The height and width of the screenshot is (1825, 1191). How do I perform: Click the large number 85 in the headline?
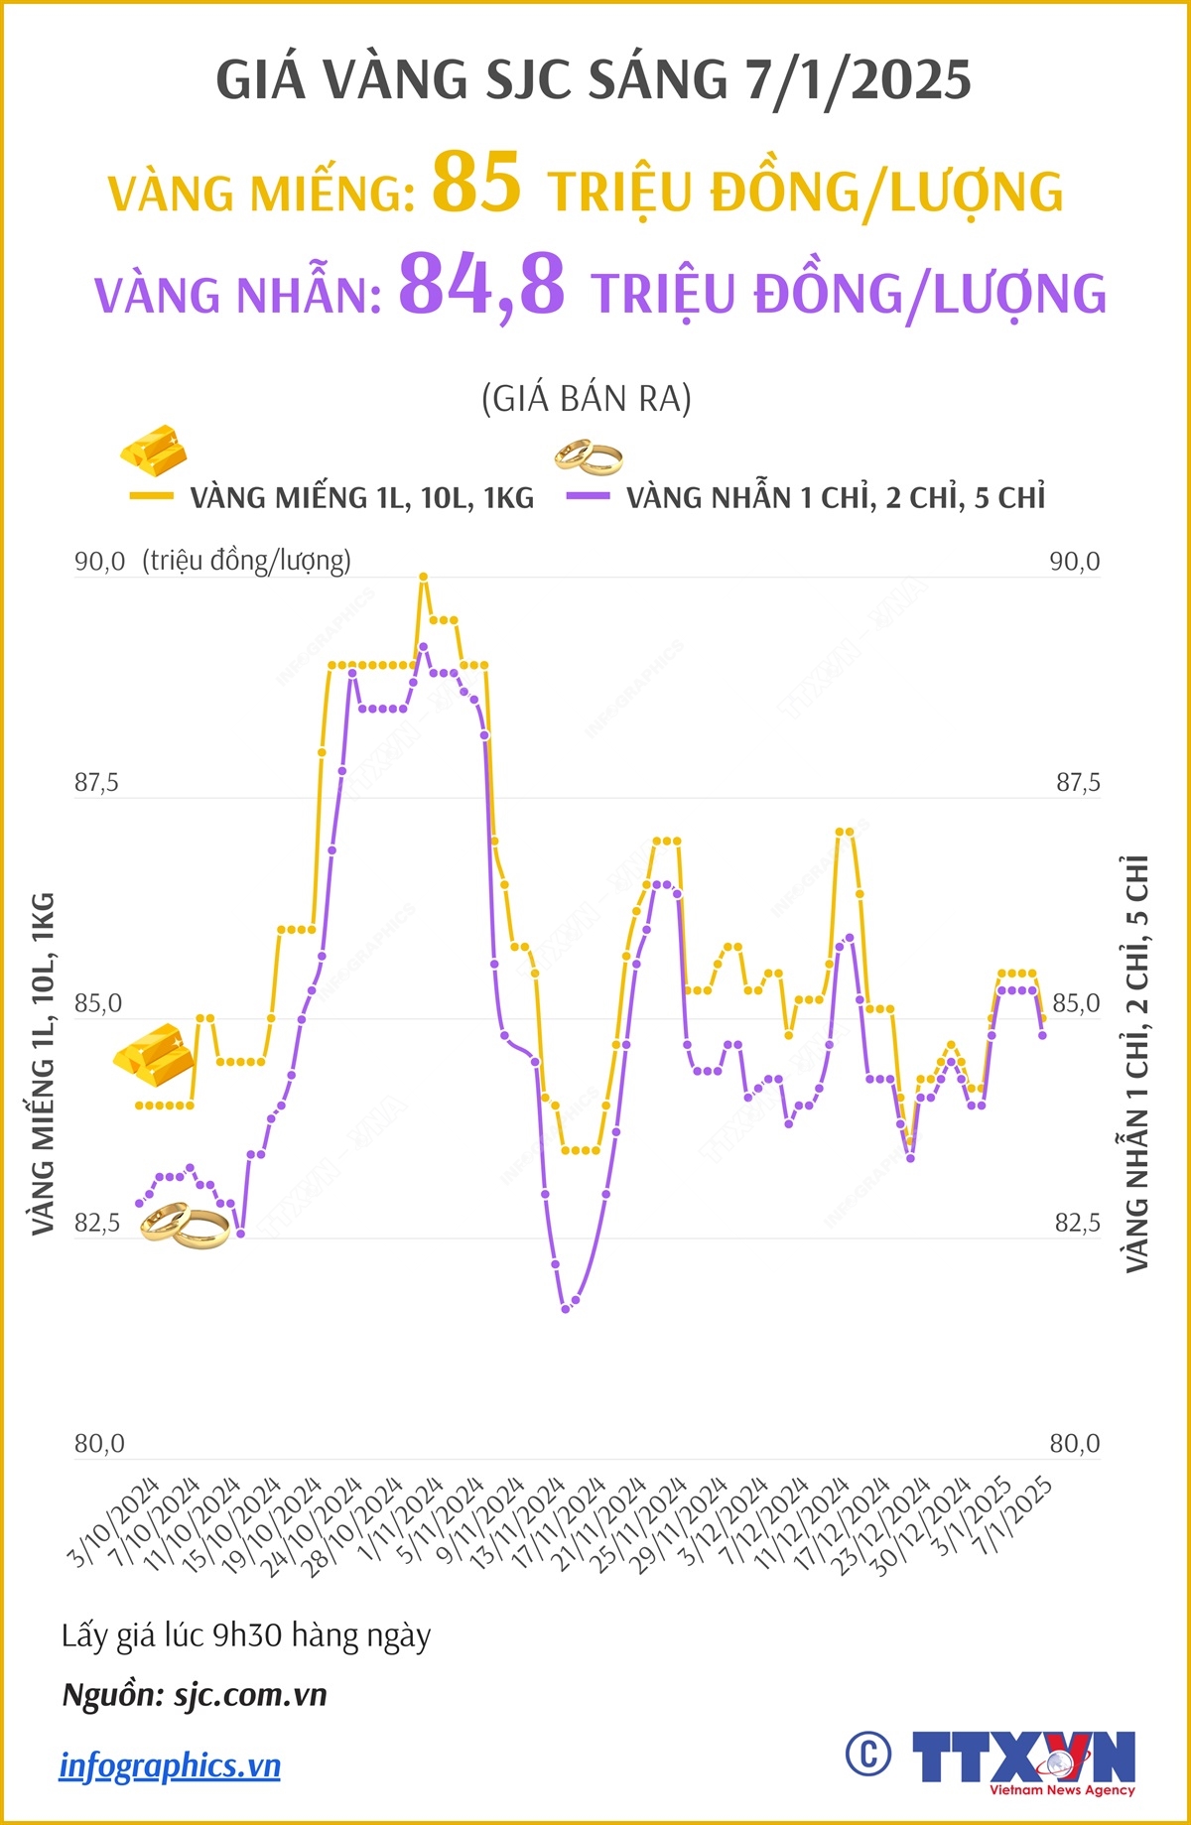pyautogui.click(x=476, y=183)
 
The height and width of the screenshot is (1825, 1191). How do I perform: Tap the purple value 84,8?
pyautogui.click(x=481, y=285)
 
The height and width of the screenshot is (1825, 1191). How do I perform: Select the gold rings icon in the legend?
pyautogui.click(x=589, y=456)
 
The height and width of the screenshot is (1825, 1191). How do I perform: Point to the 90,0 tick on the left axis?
pyautogui.click(x=99, y=562)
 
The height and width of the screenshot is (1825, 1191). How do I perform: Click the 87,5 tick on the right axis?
pyautogui.click(x=1077, y=783)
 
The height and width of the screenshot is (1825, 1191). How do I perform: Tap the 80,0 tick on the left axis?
pyautogui.click(x=99, y=1444)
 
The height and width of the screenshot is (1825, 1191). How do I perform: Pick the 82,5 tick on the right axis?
pyautogui.click(x=1077, y=1224)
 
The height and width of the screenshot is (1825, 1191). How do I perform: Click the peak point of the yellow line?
pyautogui.click(x=423, y=577)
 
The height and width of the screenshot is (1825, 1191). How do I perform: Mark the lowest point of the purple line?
pyautogui.click(x=566, y=1309)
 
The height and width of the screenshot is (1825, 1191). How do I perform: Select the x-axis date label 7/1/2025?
pyautogui.click(x=1011, y=1518)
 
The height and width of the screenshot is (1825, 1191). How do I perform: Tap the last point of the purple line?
pyautogui.click(x=1042, y=1036)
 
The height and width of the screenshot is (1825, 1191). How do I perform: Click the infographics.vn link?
pyautogui.click(x=170, y=1765)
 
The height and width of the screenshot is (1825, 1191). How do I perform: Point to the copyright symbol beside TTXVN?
pyautogui.click(x=868, y=1755)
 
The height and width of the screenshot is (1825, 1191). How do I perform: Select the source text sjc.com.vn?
pyautogui.click(x=250, y=1694)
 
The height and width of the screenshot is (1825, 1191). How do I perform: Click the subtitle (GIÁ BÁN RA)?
pyautogui.click(x=586, y=399)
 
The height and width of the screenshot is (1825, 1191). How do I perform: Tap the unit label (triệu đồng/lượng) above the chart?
pyautogui.click(x=246, y=562)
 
